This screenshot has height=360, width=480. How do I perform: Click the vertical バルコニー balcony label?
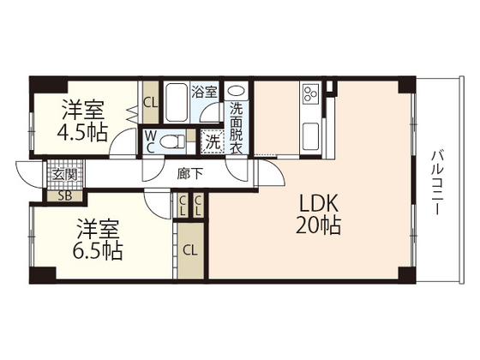pos(435,181)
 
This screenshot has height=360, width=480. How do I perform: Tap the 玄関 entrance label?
pos(64,174)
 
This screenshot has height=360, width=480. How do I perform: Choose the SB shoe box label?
pos(64,195)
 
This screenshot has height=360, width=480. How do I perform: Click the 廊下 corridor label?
pos(190,172)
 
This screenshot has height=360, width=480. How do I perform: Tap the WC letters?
pos(150,141)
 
